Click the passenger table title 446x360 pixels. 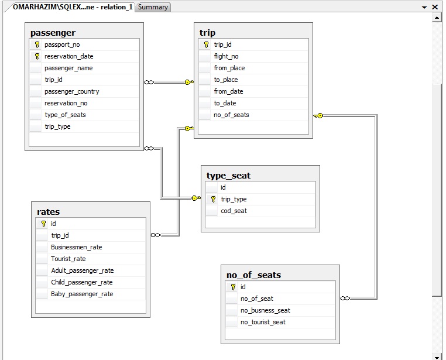click(53, 33)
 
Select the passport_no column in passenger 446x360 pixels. click(62, 44)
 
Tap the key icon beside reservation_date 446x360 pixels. click(37, 56)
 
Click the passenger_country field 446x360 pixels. click(71, 91)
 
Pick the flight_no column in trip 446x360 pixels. click(226, 56)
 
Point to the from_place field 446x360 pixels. click(229, 68)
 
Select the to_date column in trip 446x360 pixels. click(225, 103)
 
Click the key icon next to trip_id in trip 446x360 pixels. click(206, 44)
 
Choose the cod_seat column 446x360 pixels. click(234, 211)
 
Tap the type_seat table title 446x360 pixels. click(228, 176)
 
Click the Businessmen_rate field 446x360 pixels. click(76, 247)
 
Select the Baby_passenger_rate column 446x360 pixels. click(82, 294)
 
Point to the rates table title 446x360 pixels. click(49, 212)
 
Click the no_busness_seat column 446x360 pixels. click(265, 310)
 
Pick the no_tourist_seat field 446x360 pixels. click(263, 322)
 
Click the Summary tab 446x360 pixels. click(153, 7)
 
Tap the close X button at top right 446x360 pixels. click(435, 7)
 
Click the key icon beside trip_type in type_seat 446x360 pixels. click(213, 199)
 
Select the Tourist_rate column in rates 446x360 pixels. click(68, 259)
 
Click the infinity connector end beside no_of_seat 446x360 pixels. click(345, 299)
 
